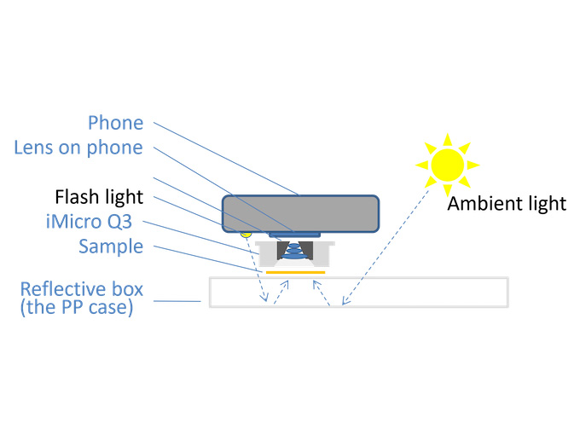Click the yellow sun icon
[x=447, y=162]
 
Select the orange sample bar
[x=294, y=273]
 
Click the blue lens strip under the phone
[x=295, y=232]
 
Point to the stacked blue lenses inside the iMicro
[x=293, y=249]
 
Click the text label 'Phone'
[x=116, y=124]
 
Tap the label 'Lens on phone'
[x=78, y=148]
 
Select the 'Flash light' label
[x=99, y=197]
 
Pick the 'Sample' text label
[x=110, y=246]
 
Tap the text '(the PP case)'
[x=77, y=308]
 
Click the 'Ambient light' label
[x=507, y=203]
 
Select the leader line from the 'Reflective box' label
[x=183, y=300]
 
